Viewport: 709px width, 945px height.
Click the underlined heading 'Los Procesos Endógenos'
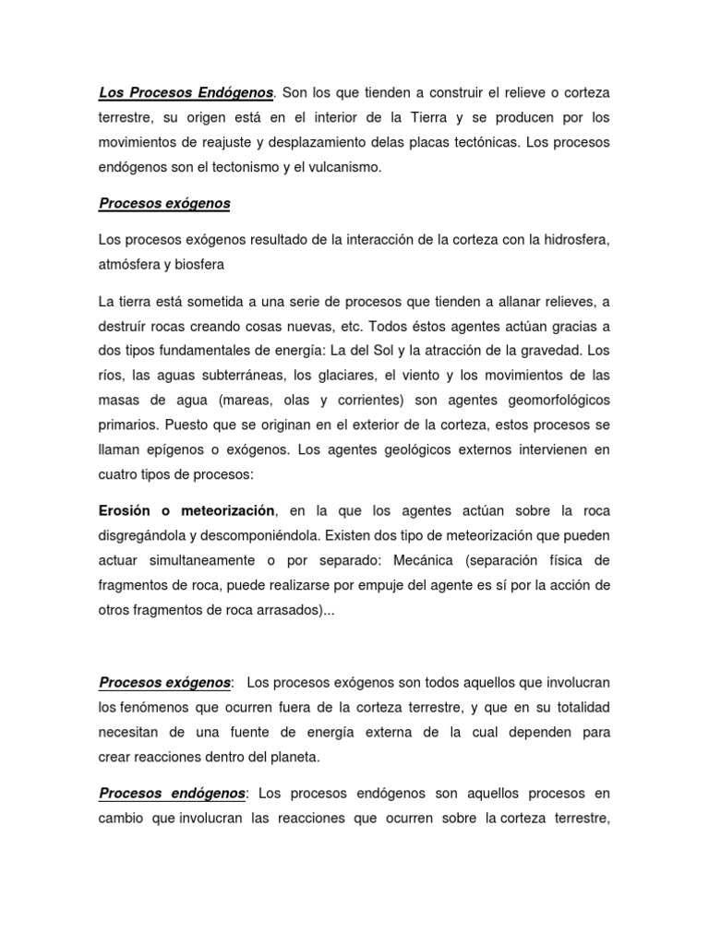pos(186,93)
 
